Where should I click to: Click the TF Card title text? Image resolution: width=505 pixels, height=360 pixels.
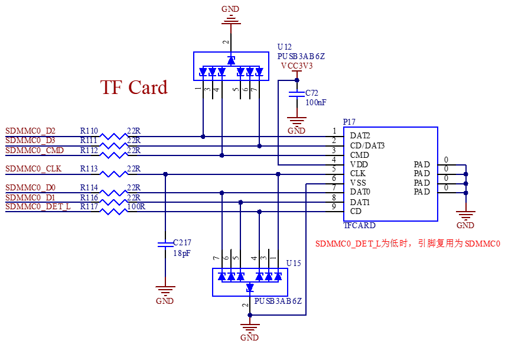134,88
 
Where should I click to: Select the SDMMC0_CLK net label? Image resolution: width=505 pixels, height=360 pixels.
34,169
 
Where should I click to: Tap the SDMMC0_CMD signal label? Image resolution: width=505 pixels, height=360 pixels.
35,151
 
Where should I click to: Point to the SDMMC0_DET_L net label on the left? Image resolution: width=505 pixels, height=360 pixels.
38,206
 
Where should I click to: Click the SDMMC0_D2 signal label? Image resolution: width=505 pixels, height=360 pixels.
31,131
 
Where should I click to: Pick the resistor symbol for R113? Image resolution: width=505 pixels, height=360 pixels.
113,174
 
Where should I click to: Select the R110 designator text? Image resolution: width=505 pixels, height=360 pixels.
89,131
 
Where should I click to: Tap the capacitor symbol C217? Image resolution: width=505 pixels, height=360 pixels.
165,243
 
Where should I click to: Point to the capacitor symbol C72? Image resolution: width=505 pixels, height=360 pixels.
297,93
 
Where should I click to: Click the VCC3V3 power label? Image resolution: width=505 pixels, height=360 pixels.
297,66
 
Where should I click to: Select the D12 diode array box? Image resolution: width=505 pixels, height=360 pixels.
231,66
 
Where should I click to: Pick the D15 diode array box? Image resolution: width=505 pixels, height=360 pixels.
250,282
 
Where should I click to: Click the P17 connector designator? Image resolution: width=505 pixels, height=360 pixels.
349,122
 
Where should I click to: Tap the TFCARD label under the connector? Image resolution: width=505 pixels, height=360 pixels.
359,225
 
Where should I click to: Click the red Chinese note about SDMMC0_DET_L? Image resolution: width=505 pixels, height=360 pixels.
408,244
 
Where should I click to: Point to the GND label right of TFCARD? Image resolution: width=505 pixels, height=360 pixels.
465,225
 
